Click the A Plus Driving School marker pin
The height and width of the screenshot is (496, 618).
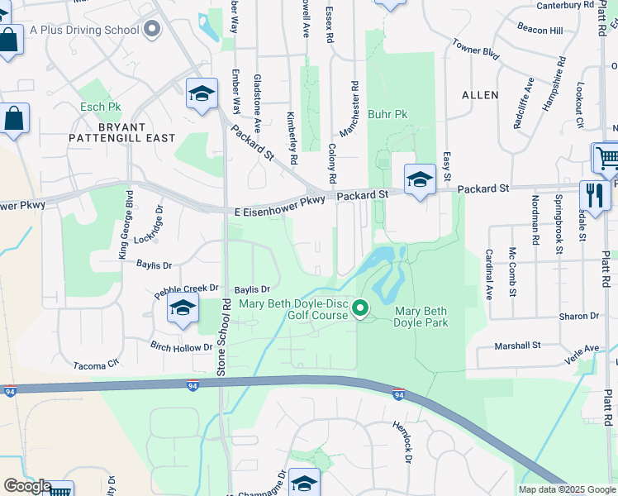(x=151, y=30)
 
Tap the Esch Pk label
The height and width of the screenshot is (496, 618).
(x=100, y=107)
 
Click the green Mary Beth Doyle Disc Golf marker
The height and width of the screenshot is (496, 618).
(x=360, y=309)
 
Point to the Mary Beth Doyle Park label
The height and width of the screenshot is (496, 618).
(x=421, y=317)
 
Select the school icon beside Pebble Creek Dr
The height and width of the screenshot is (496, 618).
(x=183, y=309)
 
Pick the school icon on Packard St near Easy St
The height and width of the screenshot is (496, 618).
(x=420, y=179)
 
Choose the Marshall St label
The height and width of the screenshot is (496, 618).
(x=518, y=345)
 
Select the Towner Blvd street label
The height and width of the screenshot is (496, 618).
(x=477, y=50)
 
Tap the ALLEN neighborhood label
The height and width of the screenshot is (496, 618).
(x=479, y=95)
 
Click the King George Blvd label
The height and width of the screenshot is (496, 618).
(x=126, y=224)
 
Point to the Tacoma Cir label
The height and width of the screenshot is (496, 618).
(x=97, y=365)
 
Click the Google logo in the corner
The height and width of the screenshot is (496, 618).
(x=27, y=486)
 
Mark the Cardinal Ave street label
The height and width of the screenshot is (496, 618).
(x=488, y=274)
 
